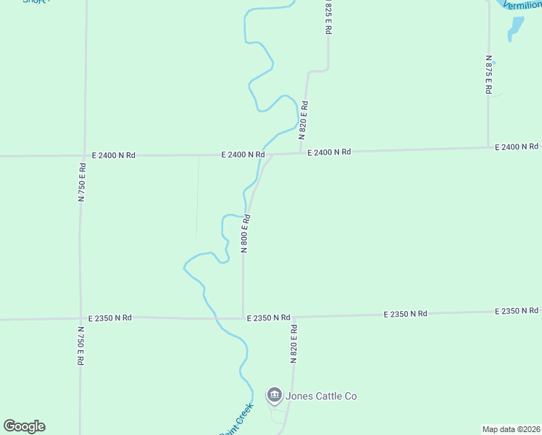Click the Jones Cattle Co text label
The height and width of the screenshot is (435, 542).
click(x=321, y=396)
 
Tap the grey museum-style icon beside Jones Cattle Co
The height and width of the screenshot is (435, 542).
click(x=275, y=395)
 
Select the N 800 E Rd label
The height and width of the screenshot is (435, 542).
click(x=246, y=233)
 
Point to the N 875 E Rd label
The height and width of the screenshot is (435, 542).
click(x=489, y=75)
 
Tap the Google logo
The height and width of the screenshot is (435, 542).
click(x=24, y=426)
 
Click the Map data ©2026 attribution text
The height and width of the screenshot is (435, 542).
click(x=511, y=429)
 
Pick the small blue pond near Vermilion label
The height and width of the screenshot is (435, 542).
click(x=516, y=28)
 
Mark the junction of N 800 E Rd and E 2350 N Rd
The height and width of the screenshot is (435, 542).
click(x=243, y=318)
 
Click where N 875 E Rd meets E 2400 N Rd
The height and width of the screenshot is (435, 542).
click(x=488, y=148)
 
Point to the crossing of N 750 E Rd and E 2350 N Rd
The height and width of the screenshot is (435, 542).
click(x=80, y=318)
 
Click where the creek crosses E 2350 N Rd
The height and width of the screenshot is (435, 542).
click(x=214, y=318)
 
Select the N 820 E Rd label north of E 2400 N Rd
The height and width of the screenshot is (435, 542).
click(x=304, y=120)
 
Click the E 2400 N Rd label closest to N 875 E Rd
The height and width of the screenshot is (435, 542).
click(x=517, y=147)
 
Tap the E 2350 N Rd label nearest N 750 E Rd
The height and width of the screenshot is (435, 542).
click(x=110, y=318)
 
